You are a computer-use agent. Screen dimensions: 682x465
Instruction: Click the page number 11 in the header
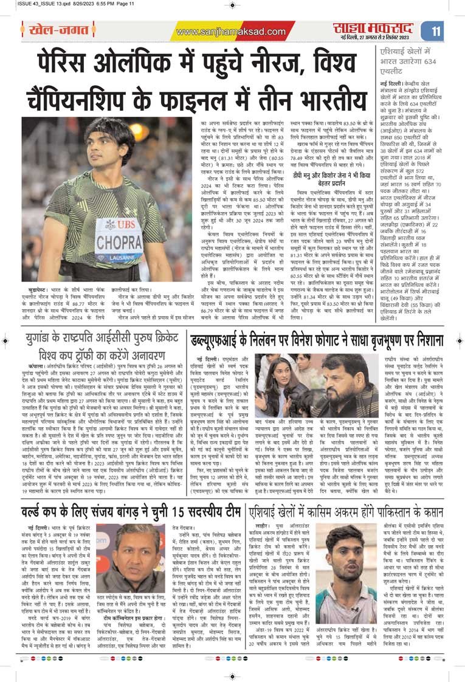click(x=436, y=31)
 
